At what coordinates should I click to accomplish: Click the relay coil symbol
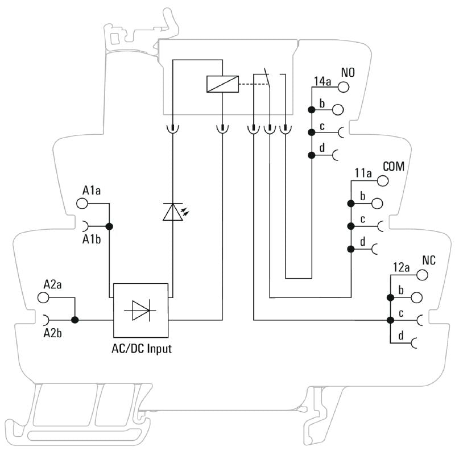pos(222,84)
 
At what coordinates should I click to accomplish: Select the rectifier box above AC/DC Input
pos(141,310)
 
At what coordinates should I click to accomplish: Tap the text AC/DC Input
pos(141,349)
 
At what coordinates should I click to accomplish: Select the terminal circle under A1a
pos(82,202)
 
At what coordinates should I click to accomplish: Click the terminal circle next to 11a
pos(383,181)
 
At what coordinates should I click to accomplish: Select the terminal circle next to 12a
pos(422,275)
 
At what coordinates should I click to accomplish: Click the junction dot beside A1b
pos(110,226)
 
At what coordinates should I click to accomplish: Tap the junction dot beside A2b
pos(75,320)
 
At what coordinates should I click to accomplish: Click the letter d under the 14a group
pos(322,148)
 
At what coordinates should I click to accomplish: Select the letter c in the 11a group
pos(362,219)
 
